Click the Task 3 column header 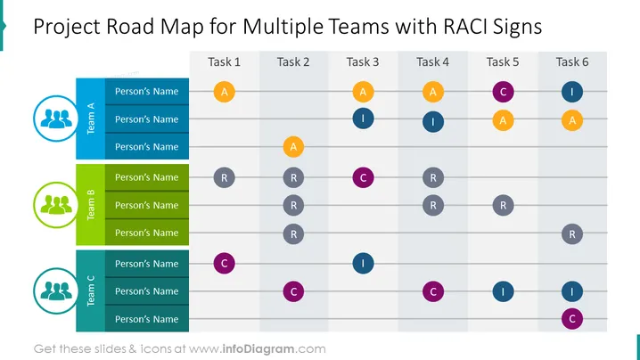(x=363, y=62)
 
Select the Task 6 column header (x=572, y=62)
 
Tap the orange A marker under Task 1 (x=224, y=92)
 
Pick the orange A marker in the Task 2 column (x=293, y=147)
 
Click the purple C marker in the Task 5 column (x=503, y=92)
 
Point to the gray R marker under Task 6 (x=572, y=234)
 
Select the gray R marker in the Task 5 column (x=503, y=205)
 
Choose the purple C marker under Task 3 (x=363, y=178)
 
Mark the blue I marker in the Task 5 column (x=503, y=292)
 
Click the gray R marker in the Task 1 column (x=224, y=178)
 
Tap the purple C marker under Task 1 (x=224, y=263)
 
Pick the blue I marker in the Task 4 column (x=433, y=121)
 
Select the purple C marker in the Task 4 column (x=433, y=292)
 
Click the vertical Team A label (x=91, y=119)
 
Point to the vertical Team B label (x=91, y=205)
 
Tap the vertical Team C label (x=91, y=291)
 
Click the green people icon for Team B (x=56, y=205)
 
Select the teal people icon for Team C (x=56, y=291)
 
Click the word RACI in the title (x=465, y=27)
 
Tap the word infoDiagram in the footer (x=258, y=349)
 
